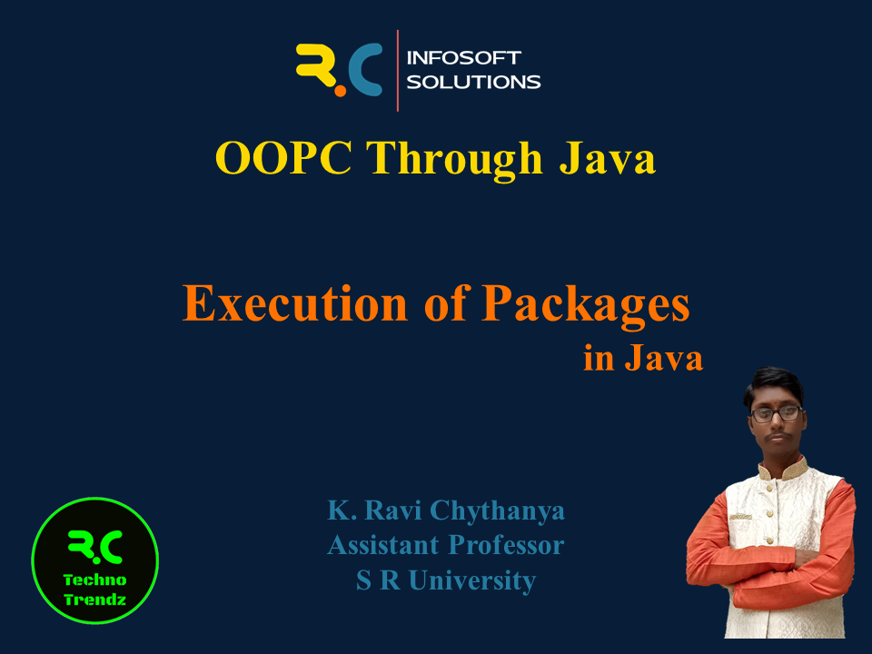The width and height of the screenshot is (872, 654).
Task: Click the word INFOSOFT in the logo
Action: [x=464, y=58]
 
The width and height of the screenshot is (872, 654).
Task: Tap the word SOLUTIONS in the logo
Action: [x=473, y=82]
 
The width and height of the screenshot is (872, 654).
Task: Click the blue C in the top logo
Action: [x=365, y=69]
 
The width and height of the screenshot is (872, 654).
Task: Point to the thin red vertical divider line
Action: [x=398, y=71]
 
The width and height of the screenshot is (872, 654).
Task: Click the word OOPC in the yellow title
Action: [x=283, y=158]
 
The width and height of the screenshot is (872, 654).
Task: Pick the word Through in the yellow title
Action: [x=454, y=159]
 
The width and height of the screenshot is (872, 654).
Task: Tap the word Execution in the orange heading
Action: [x=295, y=303]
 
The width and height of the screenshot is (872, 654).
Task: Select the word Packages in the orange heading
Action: [x=586, y=305]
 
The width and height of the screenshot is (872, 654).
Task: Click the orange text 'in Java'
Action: [x=643, y=358]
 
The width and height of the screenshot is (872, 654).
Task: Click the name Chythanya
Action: [x=497, y=511]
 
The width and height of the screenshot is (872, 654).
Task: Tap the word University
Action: [x=472, y=580]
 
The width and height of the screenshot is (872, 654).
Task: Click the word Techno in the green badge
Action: [x=95, y=580]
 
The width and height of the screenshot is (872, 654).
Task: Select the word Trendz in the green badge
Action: [x=95, y=599]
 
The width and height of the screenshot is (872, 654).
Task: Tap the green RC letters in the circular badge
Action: [x=95, y=548]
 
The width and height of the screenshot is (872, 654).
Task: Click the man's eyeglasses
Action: [x=777, y=413]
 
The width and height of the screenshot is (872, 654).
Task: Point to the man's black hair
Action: [x=774, y=383]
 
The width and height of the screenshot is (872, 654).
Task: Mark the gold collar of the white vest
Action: [x=782, y=471]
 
